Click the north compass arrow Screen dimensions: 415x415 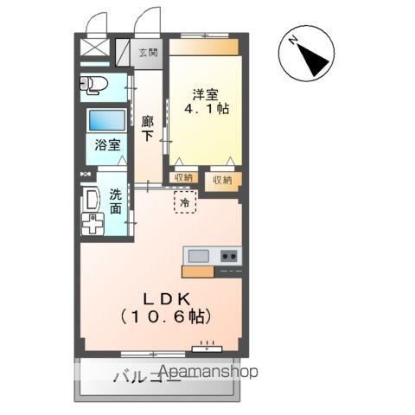pos(310,54)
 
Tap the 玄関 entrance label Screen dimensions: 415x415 pos(149,53)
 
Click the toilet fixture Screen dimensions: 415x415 pos(91,85)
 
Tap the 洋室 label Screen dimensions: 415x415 pos(205,93)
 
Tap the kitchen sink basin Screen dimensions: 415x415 pos(199,255)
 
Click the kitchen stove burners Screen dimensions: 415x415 pos(229,255)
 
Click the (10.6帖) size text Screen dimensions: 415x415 pos(164,317)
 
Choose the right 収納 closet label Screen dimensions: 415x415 pos(222,180)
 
